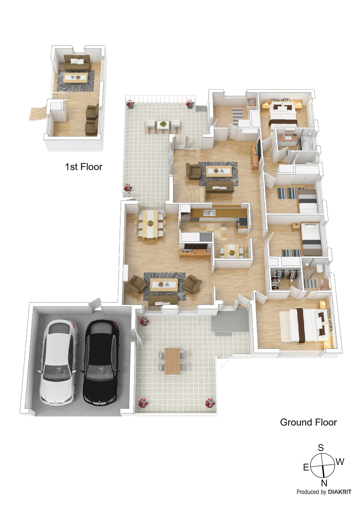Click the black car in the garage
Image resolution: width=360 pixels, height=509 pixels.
[101, 363]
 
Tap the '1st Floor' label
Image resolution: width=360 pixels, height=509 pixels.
[84, 167]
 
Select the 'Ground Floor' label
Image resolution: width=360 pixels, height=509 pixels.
[308, 422]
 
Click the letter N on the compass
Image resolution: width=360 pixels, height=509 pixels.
[324, 483]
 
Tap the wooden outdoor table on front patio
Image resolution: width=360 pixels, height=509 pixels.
[173, 361]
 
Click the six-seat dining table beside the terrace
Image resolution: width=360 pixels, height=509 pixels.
[150, 223]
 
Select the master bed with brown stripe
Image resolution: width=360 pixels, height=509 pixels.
[306, 325]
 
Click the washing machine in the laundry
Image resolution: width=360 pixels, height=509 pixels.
[252, 102]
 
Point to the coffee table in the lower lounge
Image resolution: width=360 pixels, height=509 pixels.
[164, 284]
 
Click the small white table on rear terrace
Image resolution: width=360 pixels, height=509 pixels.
[163, 126]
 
